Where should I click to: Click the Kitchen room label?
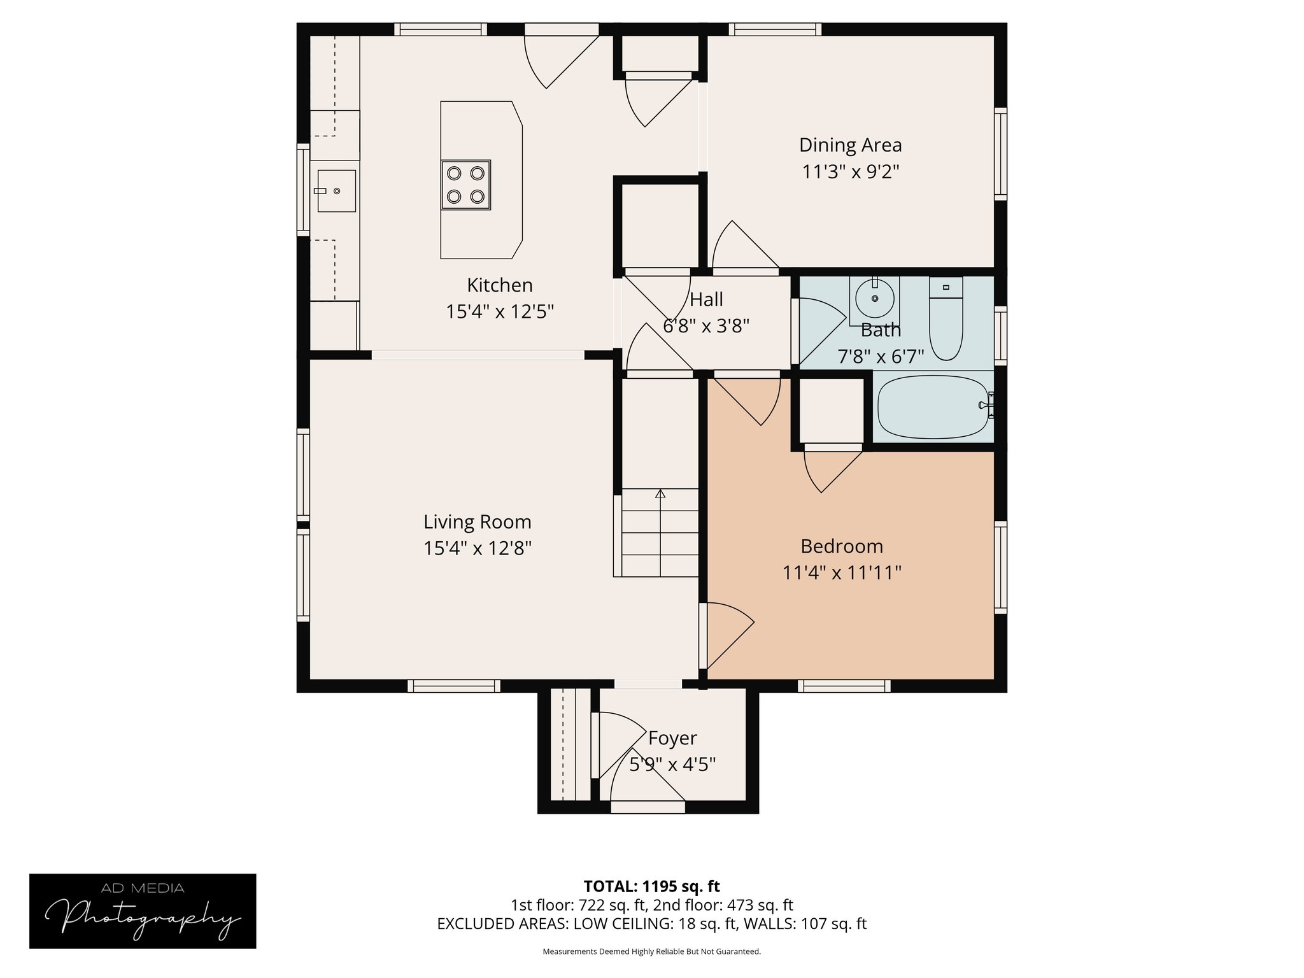(499, 285)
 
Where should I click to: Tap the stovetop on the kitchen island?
(465, 185)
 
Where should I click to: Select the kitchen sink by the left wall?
(336, 190)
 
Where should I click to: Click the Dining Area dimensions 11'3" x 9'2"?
(850, 172)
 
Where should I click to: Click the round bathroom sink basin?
(874, 298)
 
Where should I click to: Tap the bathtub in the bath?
(933, 406)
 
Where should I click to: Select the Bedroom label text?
(841, 546)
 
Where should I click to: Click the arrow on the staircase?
(660, 494)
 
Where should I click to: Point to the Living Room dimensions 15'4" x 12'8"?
(477, 548)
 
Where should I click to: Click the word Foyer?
(672, 738)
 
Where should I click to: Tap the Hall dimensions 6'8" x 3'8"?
(705, 326)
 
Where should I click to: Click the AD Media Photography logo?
(143, 911)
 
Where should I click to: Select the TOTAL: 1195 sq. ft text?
(651, 886)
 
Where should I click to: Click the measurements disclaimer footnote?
(651, 952)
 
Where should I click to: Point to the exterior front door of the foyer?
(648, 807)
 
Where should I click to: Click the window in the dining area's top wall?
(774, 29)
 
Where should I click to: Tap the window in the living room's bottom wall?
(453, 686)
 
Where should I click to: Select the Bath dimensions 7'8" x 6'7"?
(880, 357)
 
